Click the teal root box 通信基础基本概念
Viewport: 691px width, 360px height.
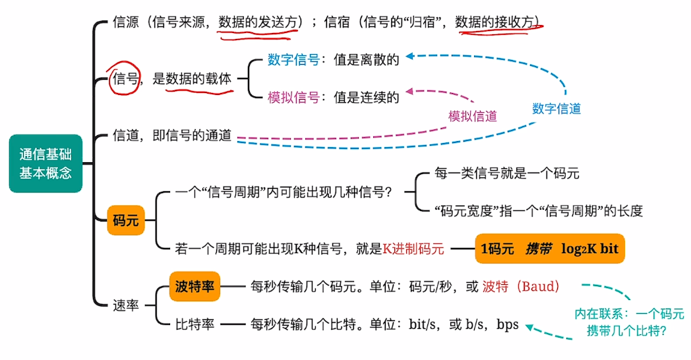pos(45,164)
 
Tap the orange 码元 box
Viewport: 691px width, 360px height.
pos(125,220)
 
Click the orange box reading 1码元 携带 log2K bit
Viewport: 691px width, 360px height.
pos(549,249)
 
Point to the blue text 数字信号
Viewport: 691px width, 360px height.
pos(293,60)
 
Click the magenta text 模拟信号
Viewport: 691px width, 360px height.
pos(293,98)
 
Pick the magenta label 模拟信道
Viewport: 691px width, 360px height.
pos(472,116)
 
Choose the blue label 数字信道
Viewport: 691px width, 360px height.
pos(556,109)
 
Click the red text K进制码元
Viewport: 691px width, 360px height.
pos(413,249)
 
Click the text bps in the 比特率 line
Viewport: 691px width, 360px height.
pos(508,325)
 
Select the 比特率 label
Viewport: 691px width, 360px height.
pos(195,325)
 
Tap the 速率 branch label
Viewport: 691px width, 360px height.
pos(125,306)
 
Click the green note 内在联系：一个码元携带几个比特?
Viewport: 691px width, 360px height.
pos(628,323)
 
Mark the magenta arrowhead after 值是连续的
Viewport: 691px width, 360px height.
pos(410,92)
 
